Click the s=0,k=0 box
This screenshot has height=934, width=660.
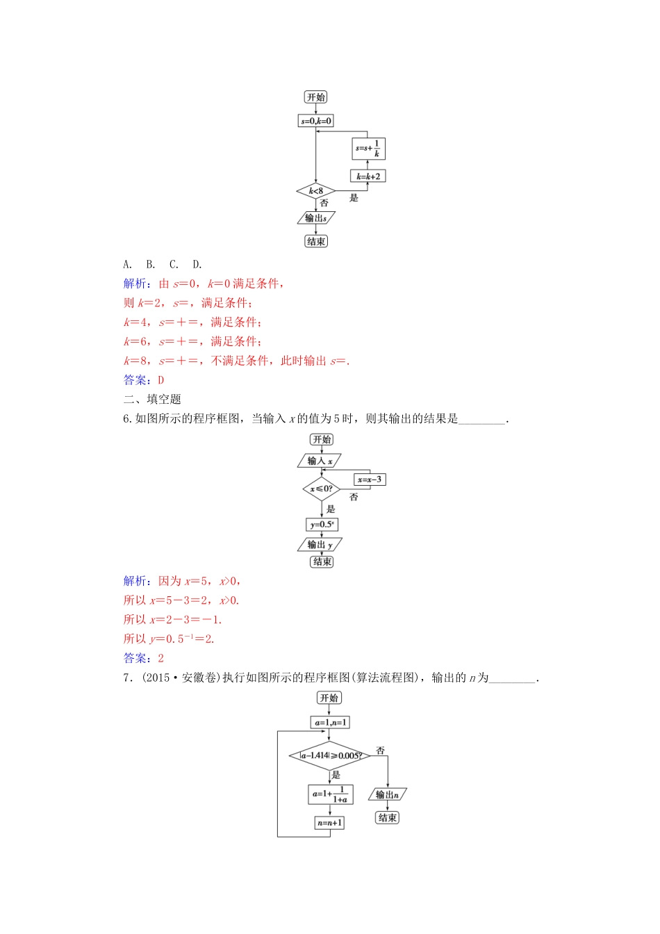click(316, 121)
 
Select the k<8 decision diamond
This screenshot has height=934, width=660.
click(316, 190)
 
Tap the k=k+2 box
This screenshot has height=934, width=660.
click(368, 177)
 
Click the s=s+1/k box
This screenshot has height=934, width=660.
click(368, 148)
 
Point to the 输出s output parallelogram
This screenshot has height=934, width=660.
click(316, 218)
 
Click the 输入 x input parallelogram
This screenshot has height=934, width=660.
click(320, 461)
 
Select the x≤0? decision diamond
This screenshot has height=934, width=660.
click(321, 489)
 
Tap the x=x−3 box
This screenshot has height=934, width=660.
click(369, 480)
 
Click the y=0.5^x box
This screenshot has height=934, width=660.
click(322, 525)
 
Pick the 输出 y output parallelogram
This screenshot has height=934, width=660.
click(320, 545)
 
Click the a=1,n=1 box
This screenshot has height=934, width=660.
click(330, 723)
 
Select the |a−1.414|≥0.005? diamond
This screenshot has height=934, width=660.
click(330, 755)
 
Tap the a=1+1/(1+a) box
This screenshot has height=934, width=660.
click(330, 794)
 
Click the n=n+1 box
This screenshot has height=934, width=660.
click(329, 823)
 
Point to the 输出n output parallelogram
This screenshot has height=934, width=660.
click(387, 794)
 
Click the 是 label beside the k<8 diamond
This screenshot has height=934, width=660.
click(354, 199)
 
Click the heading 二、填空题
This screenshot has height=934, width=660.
click(152, 400)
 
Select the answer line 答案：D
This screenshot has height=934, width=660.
click(144, 380)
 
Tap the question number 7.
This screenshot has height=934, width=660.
click(126, 678)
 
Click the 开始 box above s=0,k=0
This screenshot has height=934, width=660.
click(316, 97)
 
